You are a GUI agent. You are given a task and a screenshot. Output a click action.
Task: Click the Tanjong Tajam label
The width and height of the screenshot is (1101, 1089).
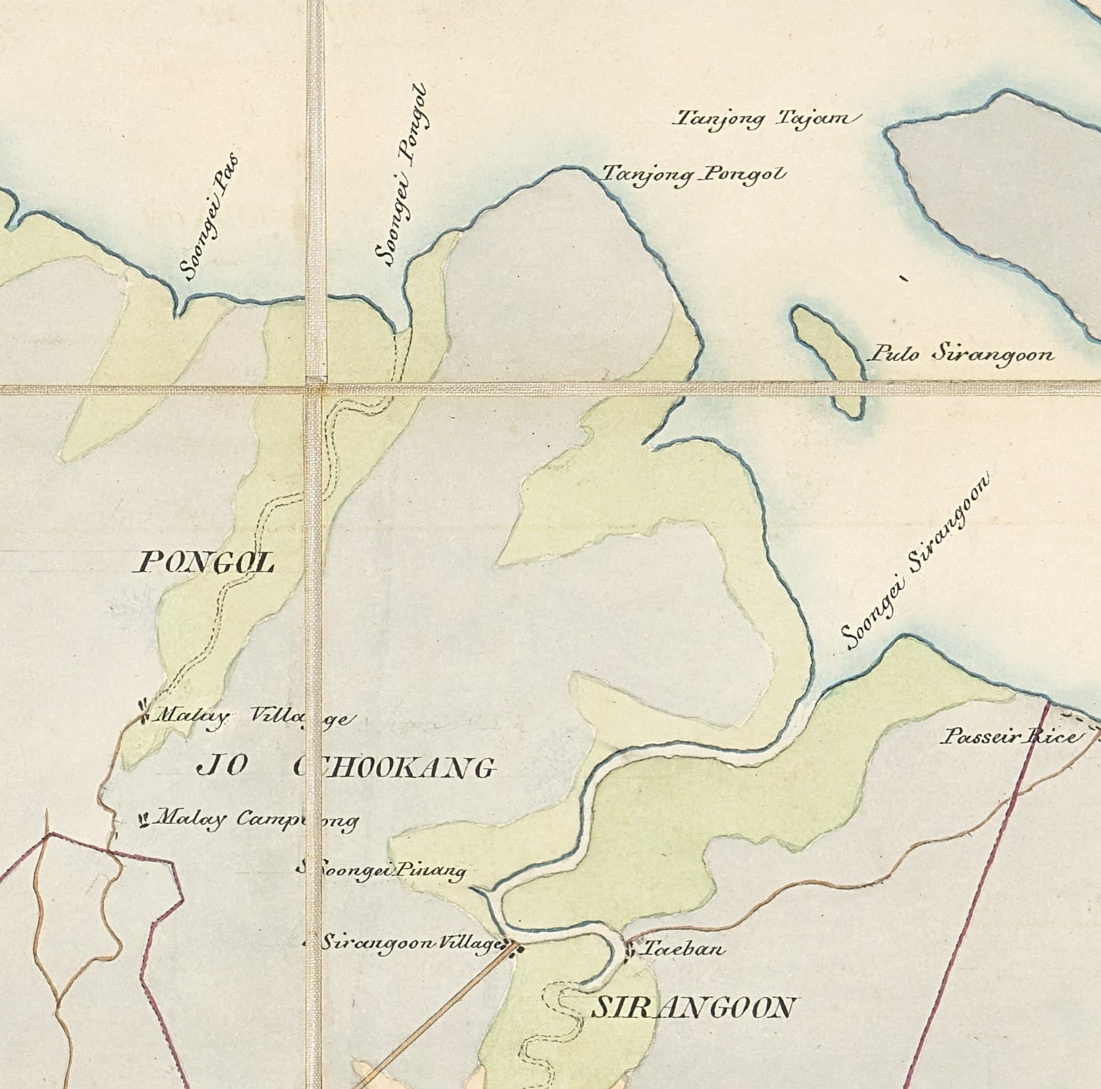[765, 119]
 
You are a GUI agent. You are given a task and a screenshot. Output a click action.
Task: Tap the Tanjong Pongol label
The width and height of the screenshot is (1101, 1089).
[693, 174]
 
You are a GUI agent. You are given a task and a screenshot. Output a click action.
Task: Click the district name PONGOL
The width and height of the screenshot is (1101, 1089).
[204, 563]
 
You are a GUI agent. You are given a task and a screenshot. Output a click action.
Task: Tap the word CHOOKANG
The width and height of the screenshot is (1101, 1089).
[394, 767]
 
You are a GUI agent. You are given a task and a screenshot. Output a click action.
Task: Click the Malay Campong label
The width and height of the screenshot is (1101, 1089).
[257, 819]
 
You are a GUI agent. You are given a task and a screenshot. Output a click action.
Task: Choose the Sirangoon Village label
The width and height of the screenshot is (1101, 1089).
[410, 943]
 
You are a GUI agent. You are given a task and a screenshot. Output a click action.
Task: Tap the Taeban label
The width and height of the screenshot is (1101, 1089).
[673, 949]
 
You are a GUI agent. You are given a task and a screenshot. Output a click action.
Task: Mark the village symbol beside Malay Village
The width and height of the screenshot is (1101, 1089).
[142, 712]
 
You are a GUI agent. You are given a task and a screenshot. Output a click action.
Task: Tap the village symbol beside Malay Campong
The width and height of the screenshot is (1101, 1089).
[142, 819]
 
